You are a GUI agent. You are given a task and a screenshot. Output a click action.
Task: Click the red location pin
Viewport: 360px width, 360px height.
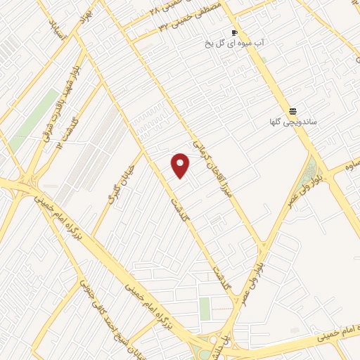click(181, 166)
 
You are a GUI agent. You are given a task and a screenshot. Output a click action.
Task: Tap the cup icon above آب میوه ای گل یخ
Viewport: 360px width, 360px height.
click(235, 33)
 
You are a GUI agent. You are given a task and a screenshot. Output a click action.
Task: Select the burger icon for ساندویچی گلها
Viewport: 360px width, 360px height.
click(292, 111)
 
